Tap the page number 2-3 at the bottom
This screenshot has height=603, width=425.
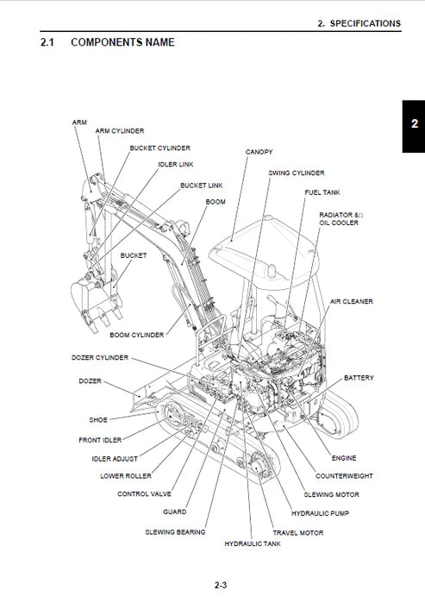(x=221, y=586)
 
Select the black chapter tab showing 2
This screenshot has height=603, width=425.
(x=414, y=124)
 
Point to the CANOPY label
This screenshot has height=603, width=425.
(x=259, y=152)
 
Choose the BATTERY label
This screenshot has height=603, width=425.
(x=359, y=378)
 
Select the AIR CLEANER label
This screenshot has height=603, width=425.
(x=352, y=302)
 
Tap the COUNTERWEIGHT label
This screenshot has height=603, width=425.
(x=344, y=475)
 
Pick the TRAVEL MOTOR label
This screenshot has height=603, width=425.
(x=298, y=533)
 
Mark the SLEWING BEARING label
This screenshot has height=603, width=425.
(x=175, y=532)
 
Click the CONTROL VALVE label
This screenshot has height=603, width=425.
(x=144, y=494)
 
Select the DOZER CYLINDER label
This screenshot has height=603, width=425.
(x=100, y=357)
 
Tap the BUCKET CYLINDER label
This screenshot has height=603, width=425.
(x=160, y=148)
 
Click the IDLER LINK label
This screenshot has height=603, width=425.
(x=175, y=163)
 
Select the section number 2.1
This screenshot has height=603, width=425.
(x=48, y=41)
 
